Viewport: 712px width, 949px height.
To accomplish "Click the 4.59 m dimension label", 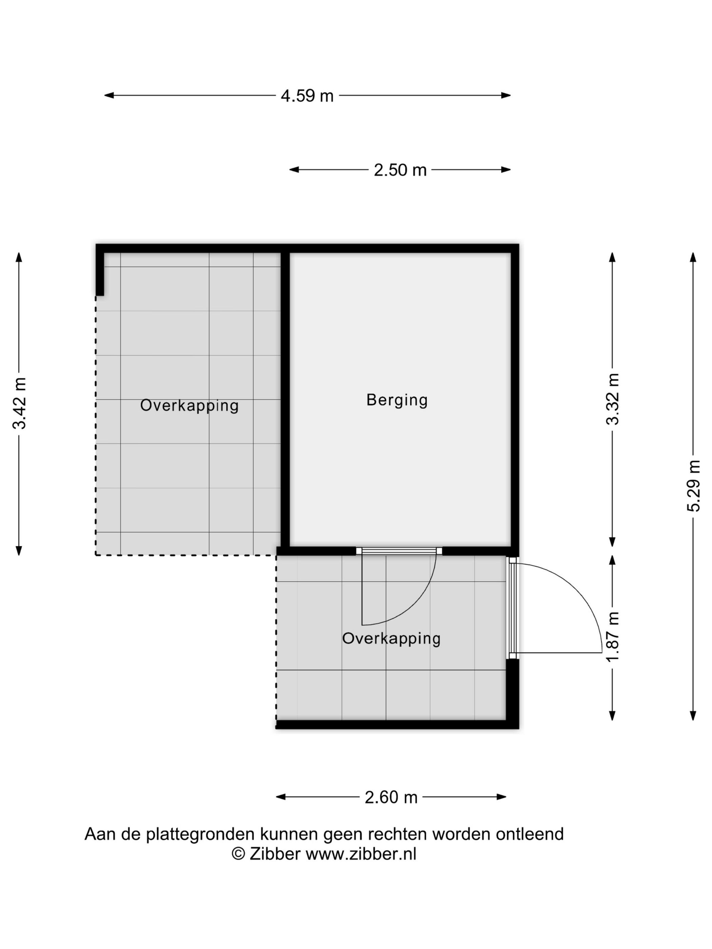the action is (307, 96).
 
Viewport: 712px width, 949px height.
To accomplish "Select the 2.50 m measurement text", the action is (400, 170).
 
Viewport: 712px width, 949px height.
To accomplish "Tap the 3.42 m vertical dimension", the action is (20, 403).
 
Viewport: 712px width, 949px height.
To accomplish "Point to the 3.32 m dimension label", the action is (612, 399).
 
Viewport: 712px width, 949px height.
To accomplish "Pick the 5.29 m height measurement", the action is (693, 486).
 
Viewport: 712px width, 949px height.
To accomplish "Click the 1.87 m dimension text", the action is (612, 637).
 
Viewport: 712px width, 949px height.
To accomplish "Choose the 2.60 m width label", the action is (391, 797).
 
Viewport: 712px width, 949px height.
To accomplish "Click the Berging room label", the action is (397, 400).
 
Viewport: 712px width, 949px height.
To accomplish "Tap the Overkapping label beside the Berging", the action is (189, 405).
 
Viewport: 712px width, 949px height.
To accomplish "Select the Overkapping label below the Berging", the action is (391, 639).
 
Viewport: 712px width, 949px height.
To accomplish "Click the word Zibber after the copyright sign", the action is (275, 854).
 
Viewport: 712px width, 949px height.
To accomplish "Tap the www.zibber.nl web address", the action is (361, 854).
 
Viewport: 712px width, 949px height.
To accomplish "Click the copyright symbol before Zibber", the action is (238, 854).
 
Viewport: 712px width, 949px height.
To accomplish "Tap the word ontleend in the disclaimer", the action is (530, 834).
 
